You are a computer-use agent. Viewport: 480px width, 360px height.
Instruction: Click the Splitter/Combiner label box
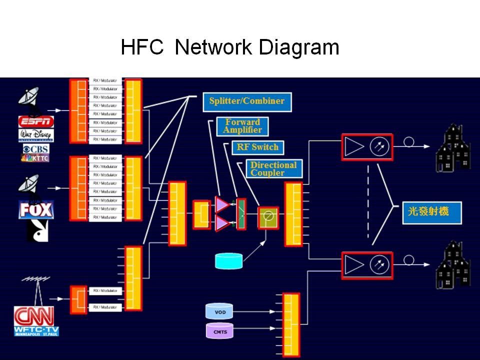click(247, 101)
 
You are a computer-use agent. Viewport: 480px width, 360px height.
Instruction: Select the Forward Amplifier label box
click(242, 126)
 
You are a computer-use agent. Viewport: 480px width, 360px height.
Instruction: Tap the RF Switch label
click(257, 147)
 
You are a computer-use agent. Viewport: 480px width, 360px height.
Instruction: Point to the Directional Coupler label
click(273, 169)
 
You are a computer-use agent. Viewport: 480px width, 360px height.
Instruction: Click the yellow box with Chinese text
click(432, 212)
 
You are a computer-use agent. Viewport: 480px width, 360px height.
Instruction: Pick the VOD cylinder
click(220, 311)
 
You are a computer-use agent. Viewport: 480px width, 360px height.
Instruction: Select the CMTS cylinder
click(220, 330)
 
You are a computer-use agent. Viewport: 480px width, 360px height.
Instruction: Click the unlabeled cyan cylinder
click(228, 260)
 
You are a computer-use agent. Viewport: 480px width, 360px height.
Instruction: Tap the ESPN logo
click(35, 121)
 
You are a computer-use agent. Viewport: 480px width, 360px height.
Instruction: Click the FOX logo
click(35, 209)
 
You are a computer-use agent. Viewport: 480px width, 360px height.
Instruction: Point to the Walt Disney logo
click(35, 135)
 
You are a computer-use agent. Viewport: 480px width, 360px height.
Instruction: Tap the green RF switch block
click(241, 213)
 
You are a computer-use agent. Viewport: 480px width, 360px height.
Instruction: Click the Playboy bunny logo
click(37, 230)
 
